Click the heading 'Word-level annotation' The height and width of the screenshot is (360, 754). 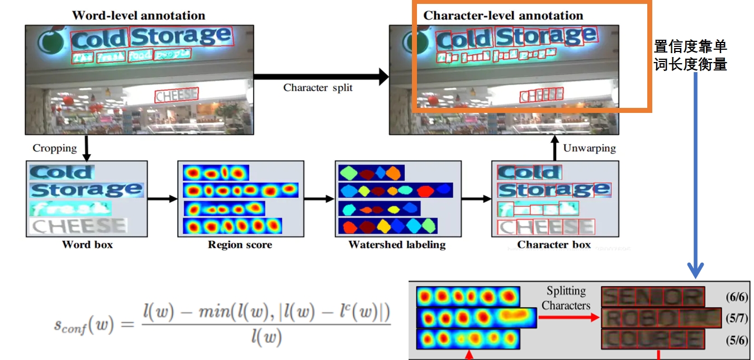tap(139, 16)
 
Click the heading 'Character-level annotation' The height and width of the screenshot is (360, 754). tap(503, 16)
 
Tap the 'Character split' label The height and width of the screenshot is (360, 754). tap(318, 88)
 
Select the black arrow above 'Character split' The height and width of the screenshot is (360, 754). tap(321, 77)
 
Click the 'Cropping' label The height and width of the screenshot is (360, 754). tap(55, 148)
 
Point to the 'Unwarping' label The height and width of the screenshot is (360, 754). tap(589, 148)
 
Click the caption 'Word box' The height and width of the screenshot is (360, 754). tap(87, 244)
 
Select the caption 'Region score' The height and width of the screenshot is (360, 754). tap(240, 244)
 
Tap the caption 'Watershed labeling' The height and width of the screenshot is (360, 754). tap(397, 244)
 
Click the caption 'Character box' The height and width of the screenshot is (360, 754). tap(553, 244)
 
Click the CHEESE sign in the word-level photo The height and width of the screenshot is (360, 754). tap(176, 95)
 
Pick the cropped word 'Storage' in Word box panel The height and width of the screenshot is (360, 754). tap(87, 190)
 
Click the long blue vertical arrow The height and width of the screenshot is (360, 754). tap(696, 173)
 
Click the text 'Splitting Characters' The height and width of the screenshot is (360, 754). tap(566, 298)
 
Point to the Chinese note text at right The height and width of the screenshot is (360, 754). tap(690, 55)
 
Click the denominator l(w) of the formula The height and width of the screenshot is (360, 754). tap(266, 338)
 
